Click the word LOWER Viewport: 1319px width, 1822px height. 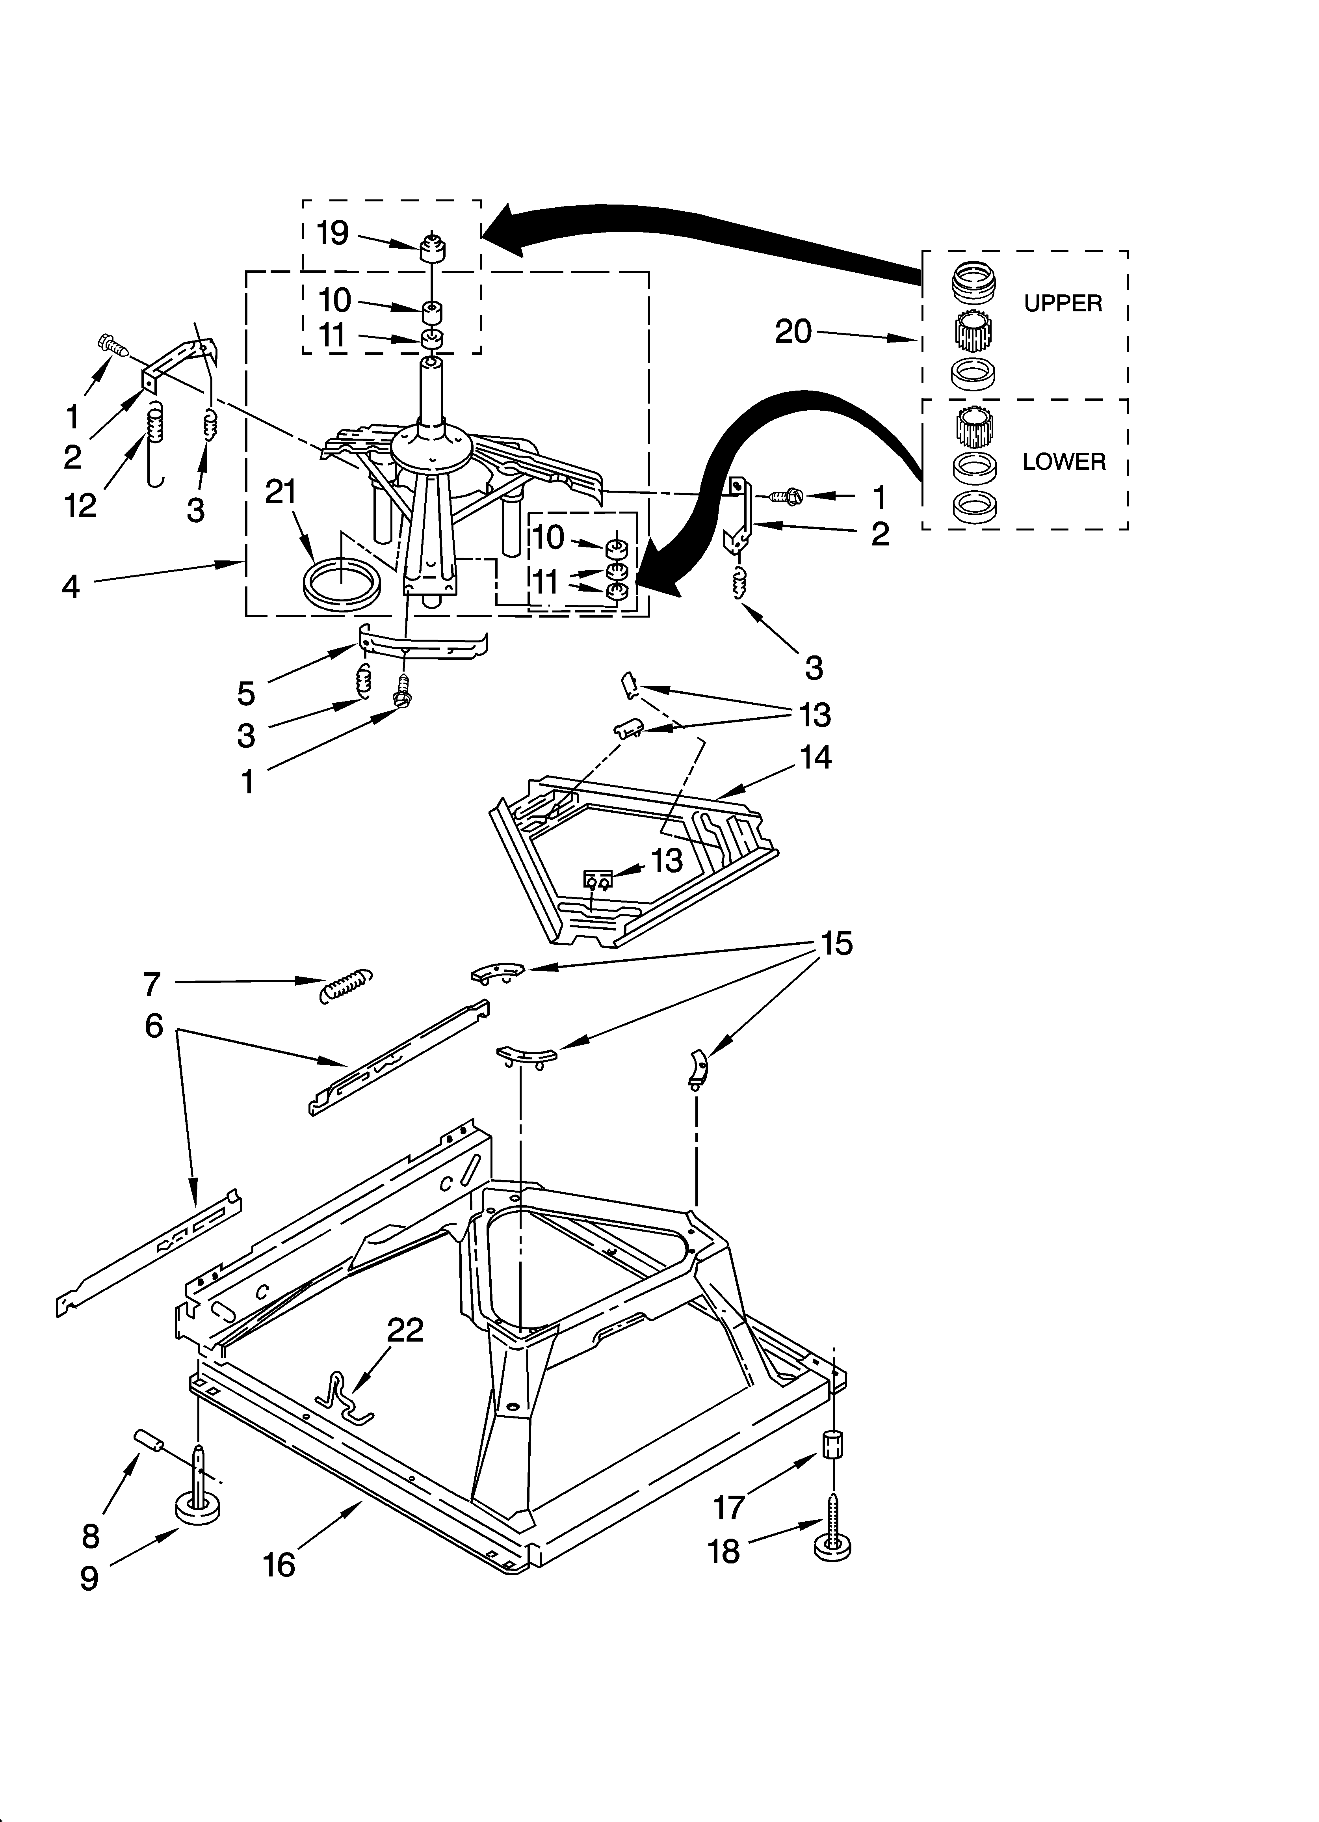[x=1064, y=462]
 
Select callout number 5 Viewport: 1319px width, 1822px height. [x=246, y=693]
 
